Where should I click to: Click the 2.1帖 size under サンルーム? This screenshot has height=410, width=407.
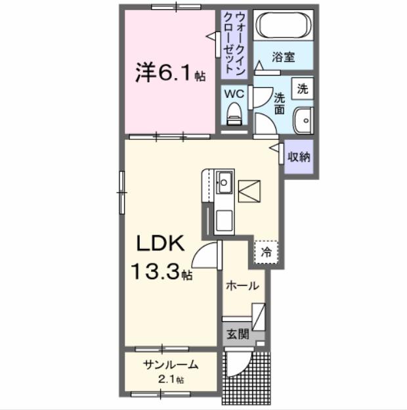pyautogui.click(x=170, y=380)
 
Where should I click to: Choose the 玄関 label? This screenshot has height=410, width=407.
pyautogui.click(x=238, y=334)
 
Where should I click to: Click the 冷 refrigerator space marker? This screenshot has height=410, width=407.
pyautogui.click(x=267, y=252)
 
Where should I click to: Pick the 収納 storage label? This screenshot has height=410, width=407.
pyautogui.click(x=299, y=157)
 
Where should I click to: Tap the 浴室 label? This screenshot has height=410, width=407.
pyautogui.click(x=284, y=57)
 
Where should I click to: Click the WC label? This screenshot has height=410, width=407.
pyautogui.click(x=235, y=94)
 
